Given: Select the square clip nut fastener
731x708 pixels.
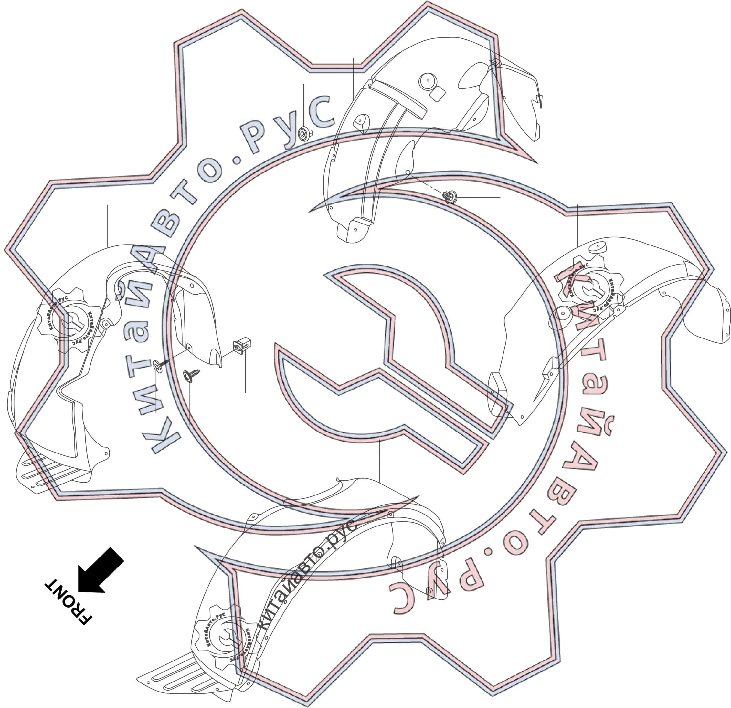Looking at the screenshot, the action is click(242, 345).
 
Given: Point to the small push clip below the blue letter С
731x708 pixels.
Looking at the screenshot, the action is click(305, 133).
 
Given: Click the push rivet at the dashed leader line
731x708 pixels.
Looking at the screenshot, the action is click(450, 196).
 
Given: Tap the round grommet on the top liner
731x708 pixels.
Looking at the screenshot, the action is click(428, 81).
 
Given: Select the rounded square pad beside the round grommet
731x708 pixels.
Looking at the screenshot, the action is click(438, 94).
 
